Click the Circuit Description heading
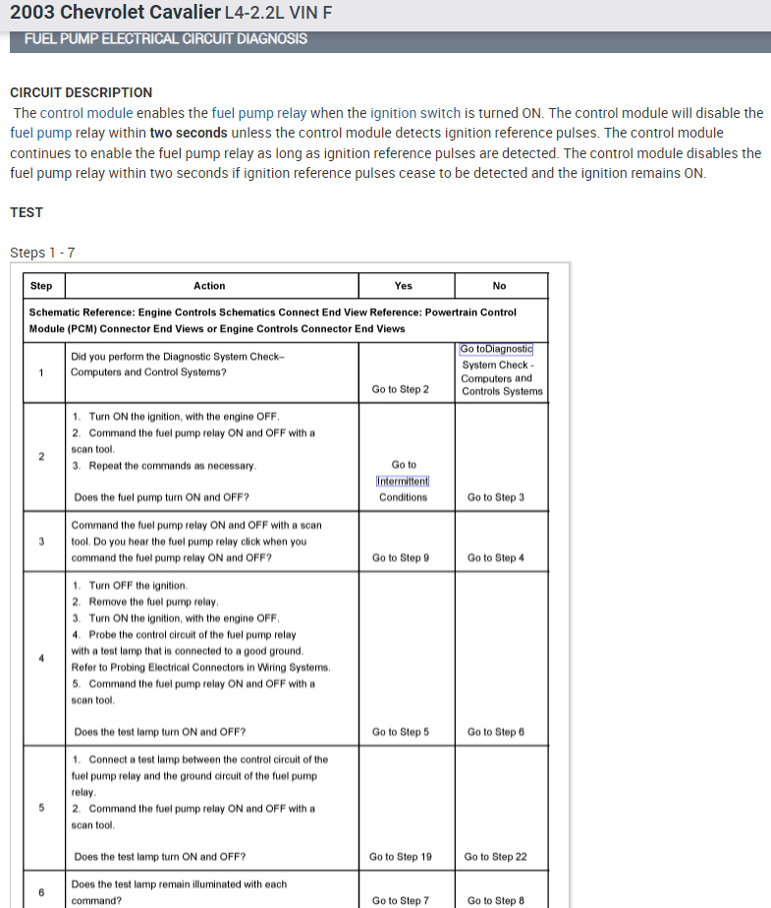(81, 92)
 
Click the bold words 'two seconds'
(189, 133)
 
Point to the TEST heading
(27, 212)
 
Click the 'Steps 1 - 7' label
(42, 253)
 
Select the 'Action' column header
(209, 286)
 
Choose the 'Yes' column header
(403, 286)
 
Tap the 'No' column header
(499, 286)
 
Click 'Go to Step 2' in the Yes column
(401, 389)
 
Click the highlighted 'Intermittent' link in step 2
(403, 481)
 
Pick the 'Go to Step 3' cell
(496, 497)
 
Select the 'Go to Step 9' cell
(401, 558)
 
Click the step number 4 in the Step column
(41, 658)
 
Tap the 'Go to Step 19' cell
(401, 856)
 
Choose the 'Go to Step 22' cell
(496, 856)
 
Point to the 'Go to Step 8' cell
(496, 900)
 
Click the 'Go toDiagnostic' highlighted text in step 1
(495, 349)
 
